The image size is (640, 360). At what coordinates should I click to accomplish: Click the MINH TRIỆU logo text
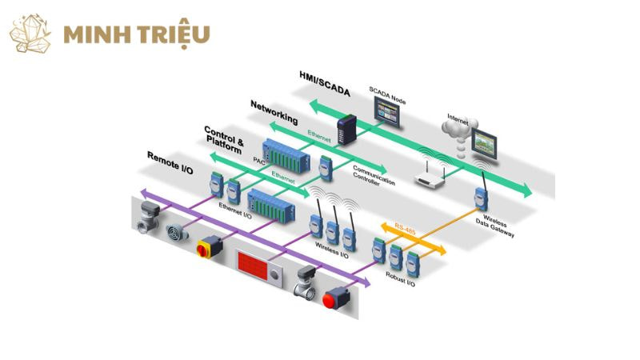tap(136, 34)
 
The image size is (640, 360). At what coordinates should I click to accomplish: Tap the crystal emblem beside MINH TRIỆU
tap(30, 34)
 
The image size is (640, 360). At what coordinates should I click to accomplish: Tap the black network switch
tap(346, 129)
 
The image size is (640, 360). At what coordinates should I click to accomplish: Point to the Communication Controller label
tap(374, 178)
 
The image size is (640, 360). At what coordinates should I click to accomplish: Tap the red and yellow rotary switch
tap(206, 246)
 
